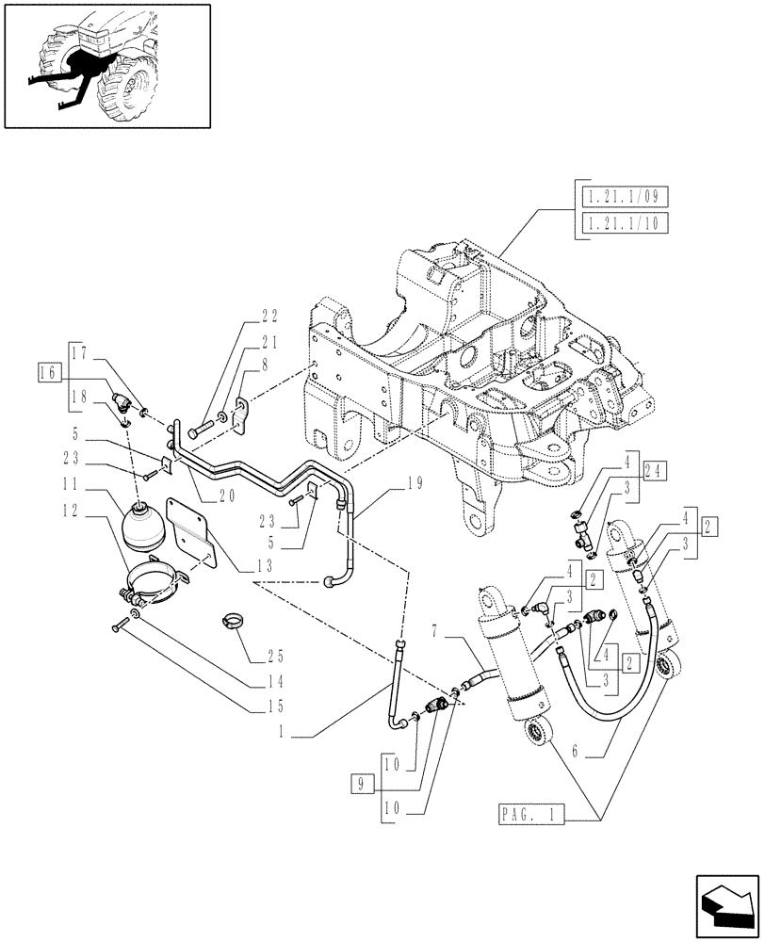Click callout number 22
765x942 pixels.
[243, 317]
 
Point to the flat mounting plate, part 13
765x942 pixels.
[190, 534]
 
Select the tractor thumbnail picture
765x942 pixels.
[106, 65]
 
